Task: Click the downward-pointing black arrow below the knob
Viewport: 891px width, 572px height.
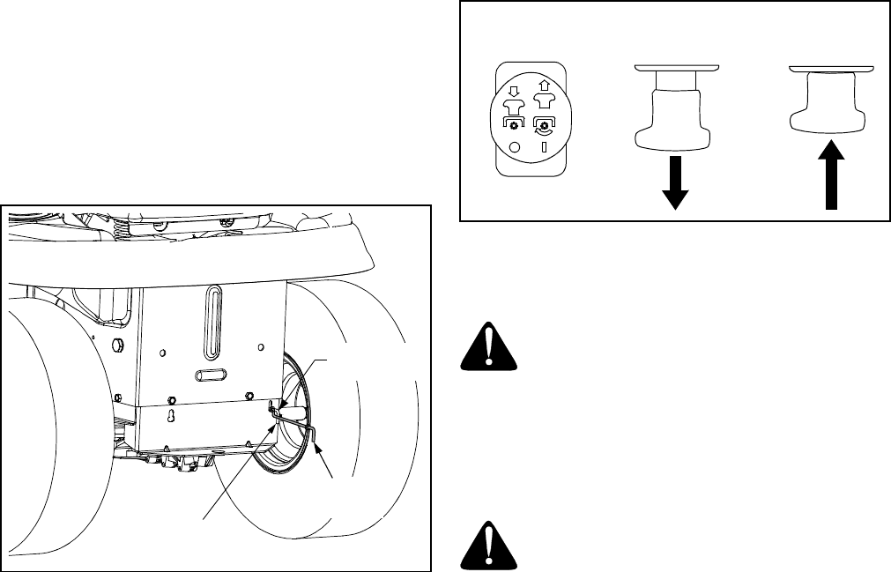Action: coord(675,183)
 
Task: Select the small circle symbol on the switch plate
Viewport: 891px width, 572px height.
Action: coord(515,148)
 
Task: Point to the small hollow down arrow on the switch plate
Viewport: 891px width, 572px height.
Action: coord(516,89)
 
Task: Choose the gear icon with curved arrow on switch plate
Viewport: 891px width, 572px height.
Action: coord(544,124)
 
